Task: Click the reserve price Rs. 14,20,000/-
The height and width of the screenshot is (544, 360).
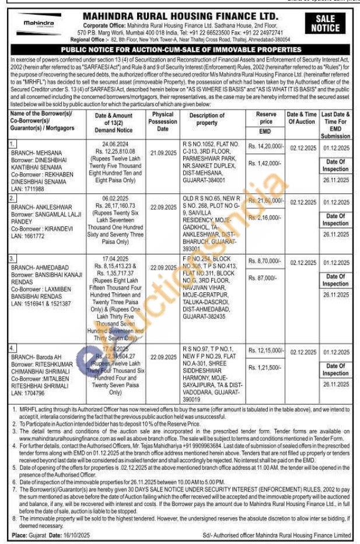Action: click(265, 149)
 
